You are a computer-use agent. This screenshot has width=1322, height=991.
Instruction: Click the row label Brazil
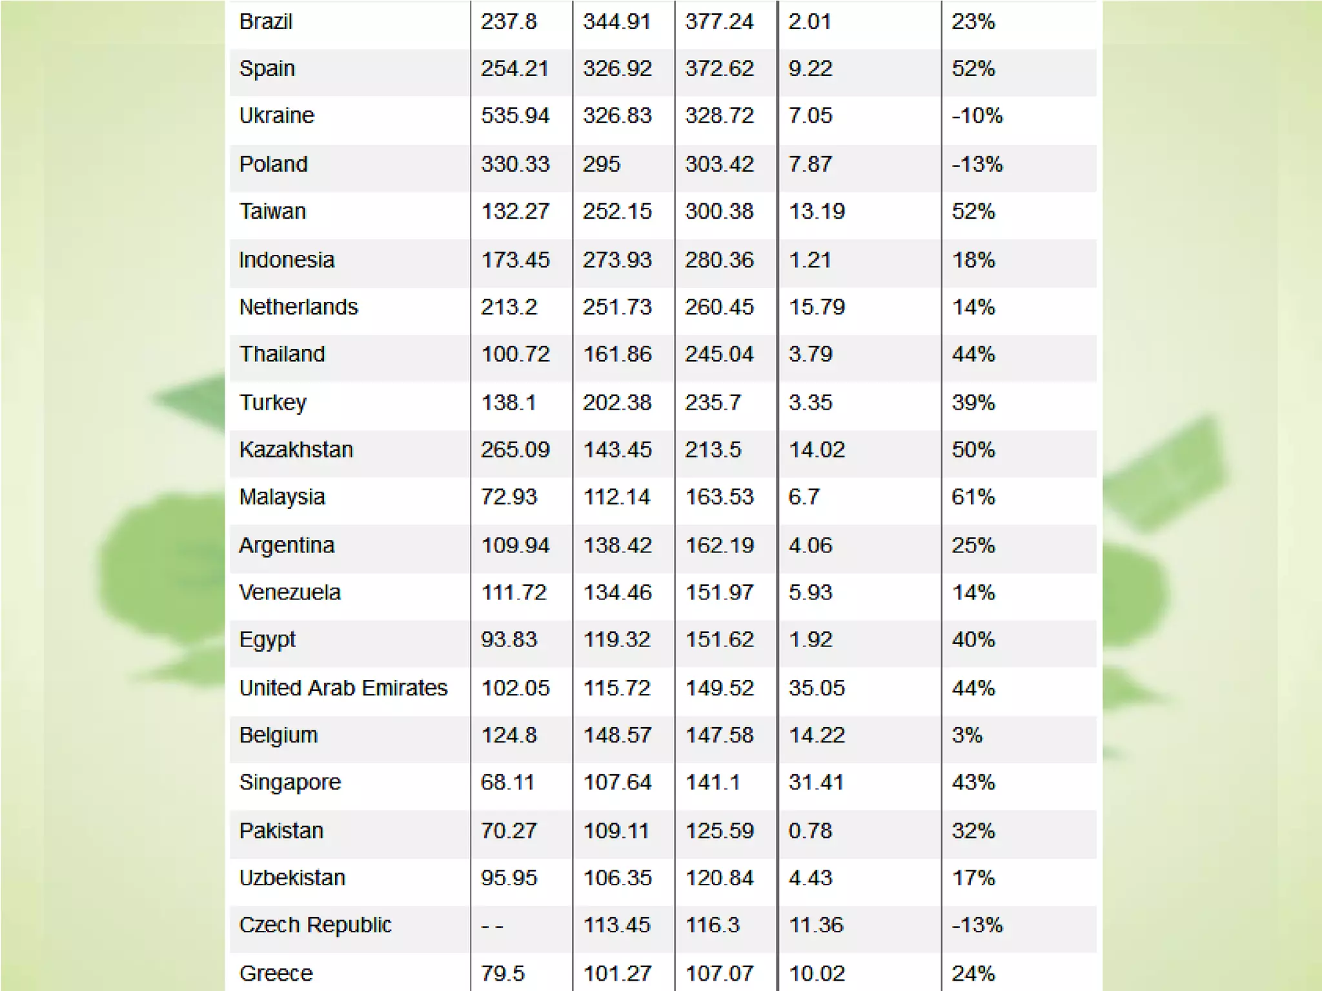(x=265, y=22)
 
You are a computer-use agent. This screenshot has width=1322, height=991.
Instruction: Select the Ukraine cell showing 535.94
(x=514, y=116)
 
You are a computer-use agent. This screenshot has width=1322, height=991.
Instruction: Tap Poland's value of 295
(x=601, y=165)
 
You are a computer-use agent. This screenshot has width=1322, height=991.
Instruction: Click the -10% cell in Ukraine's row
(x=977, y=116)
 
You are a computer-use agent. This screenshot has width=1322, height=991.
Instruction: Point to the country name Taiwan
(x=272, y=212)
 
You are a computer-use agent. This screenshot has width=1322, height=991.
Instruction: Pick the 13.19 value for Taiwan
(x=817, y=212)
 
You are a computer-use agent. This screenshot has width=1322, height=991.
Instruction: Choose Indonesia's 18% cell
(x=973, y=260)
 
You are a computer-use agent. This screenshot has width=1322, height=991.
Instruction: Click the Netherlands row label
(x=298, y=307)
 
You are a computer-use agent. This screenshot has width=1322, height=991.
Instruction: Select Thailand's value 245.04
(x=719, y=354)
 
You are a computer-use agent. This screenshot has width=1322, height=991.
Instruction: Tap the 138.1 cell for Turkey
(x=509, y=403)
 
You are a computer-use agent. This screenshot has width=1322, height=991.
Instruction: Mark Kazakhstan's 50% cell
(x=973, y=450)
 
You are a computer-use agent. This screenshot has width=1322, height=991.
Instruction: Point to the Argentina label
(x=287, y=546)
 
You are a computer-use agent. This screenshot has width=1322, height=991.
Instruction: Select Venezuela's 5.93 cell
(x=810, y=593)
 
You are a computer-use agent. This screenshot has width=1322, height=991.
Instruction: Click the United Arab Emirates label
(x=343, y=688)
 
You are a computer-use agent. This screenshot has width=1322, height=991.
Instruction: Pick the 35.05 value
(x=817, y=688)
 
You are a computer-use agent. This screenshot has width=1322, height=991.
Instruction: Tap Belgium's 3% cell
(x=967, y=736)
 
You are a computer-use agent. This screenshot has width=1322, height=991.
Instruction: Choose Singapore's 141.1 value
(x=713, y=783)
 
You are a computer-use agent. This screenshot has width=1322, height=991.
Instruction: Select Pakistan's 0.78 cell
(x=810, y=831)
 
